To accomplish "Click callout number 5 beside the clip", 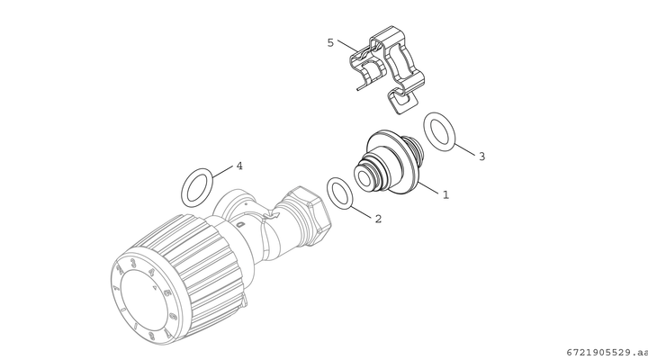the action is [x=330, y=42].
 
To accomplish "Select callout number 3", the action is [x=481, y=157].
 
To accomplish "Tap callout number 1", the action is [x=445, y=194].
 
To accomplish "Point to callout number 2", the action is [x=378, y=219].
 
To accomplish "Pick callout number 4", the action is [x=239, y=166].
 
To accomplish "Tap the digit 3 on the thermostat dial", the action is [x=132, y=263].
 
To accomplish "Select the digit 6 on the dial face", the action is [x=173, y=318].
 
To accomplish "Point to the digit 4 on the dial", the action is [x=152, y=272].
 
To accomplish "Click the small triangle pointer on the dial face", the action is [x=155, y=286].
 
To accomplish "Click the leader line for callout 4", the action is [x=223, y=173].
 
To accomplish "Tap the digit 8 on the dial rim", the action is [x=151, y=336].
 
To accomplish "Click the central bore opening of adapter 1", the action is [x=364, y=178].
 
